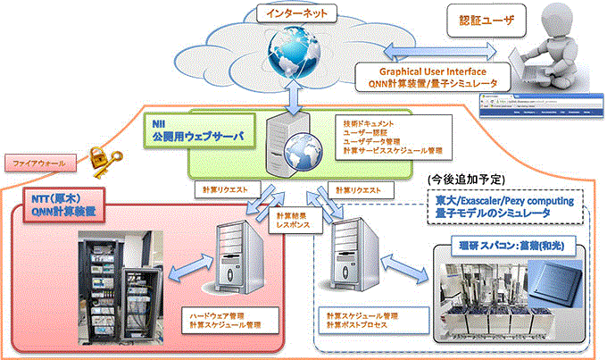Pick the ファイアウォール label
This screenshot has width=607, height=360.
coord(35,164)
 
